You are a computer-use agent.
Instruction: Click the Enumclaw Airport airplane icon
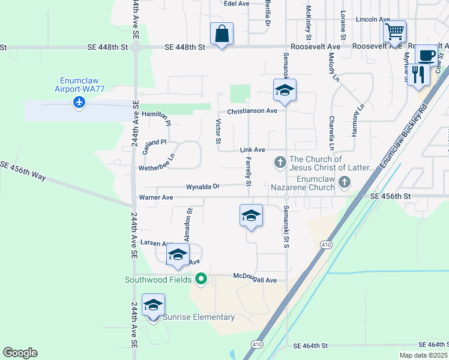(x=79, y=102)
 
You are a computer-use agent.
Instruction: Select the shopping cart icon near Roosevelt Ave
(x=394, y=31)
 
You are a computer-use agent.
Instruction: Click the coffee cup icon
(x=426, y=56)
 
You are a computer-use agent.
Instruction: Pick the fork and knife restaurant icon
(x=418, y=75)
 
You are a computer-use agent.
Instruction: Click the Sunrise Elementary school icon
(x=153, y=306)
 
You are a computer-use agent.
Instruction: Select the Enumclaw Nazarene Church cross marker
(x=344, y=181)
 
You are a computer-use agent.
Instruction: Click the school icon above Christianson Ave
(x=285, y=91)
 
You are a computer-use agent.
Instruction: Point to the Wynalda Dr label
(x=202, y=187)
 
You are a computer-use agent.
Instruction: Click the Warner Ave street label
(x=156, y=197)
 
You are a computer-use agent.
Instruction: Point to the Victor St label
(x=218, y=131)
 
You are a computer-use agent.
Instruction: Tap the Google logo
(x=20, y=353)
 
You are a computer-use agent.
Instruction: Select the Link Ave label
(x=252, y=149)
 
